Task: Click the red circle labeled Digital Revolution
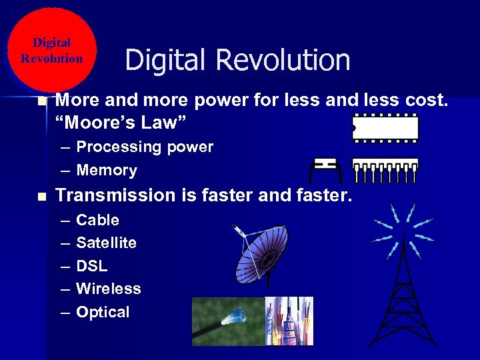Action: (x=52, y=50)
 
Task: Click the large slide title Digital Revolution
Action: (x=237, y=60)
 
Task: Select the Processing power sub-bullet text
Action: (x=145, y=147)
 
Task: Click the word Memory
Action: (x=107, y=170)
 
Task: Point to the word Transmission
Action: (x=109, y=195)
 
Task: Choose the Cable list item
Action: (x=98, y=220)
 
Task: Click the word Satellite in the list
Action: (x=107, y=243)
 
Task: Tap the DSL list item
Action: (x=92, y=266)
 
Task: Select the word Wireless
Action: (x=109, y=289)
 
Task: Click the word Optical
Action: (x=103, y=312)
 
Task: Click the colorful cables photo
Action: (x=289, y=321)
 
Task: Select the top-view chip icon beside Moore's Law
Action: (x=385, y=127)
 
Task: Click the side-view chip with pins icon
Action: (x=385, y=171)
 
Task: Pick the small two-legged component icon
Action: (x=325, y=169)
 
